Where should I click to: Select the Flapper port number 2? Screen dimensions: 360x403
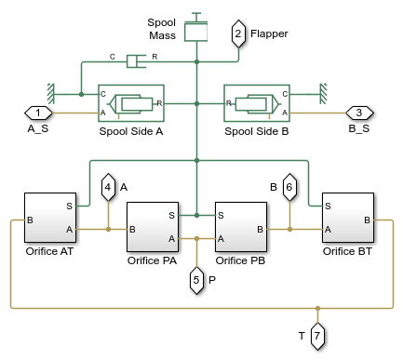pos(238,35)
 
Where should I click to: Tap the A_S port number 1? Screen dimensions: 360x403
pos(38,113)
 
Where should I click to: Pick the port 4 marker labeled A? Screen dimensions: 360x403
pos(108,187)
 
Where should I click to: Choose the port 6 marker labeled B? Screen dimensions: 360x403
pos(289,187)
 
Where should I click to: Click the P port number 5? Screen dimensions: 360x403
pos(197,277)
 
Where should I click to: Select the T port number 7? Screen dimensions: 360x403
pos(317,332)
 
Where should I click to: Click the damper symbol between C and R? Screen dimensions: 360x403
pos(138,61)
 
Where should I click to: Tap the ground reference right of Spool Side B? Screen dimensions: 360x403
pos(321,94)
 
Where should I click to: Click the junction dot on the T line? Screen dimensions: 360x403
pos(317,306)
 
